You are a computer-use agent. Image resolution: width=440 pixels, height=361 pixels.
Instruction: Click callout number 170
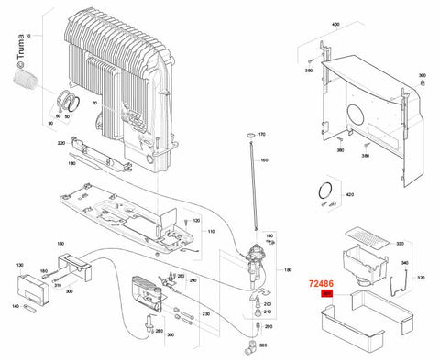(261, 135)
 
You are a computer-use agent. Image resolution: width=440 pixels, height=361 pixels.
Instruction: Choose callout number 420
(347, 195)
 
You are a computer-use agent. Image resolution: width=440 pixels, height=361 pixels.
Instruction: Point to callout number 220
(60, 143)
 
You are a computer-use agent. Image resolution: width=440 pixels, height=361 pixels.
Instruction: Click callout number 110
(210, 234)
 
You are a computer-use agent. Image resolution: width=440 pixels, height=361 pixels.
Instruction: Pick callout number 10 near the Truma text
(27, 34)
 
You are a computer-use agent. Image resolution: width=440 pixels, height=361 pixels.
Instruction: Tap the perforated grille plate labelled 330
(372, 239)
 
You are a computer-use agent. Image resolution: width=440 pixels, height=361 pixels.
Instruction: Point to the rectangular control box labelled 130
(39, 286)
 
